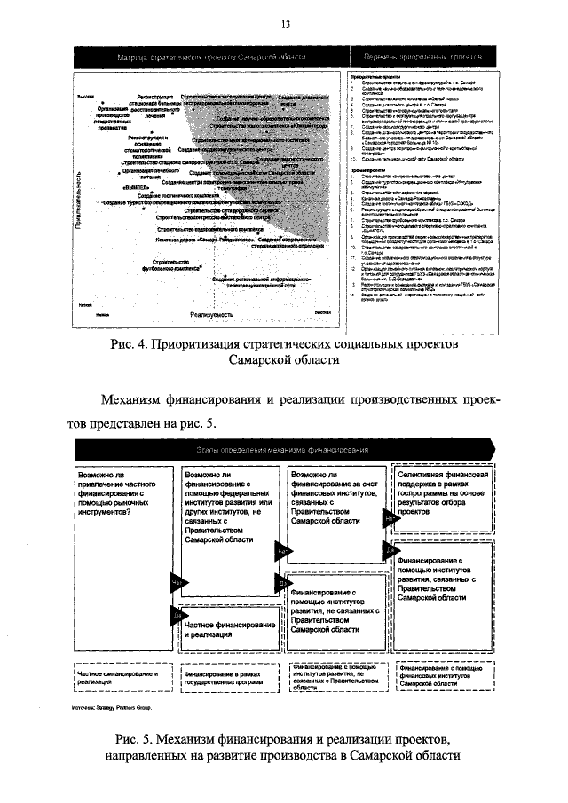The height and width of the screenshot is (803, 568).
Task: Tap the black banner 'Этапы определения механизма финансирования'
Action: tap(284, 452)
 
